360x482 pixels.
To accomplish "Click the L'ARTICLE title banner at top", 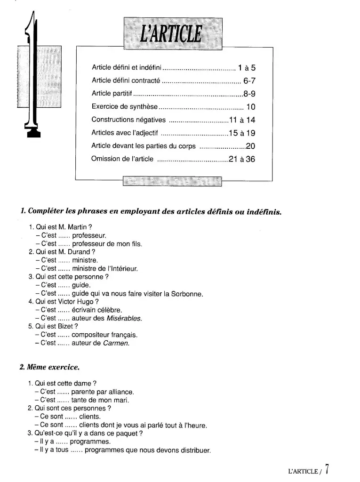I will (x=172, y=33).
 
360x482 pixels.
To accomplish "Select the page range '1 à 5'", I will (x=247, y=67).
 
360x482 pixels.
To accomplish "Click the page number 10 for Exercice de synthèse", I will (x=250, y=107).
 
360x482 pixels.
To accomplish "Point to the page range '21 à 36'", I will (x=242, y=159).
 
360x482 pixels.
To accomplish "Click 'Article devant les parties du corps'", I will (x=144, y=146).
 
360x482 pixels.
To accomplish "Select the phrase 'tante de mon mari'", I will (x=100, y=400).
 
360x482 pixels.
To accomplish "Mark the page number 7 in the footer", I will (x=327, y=469).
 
